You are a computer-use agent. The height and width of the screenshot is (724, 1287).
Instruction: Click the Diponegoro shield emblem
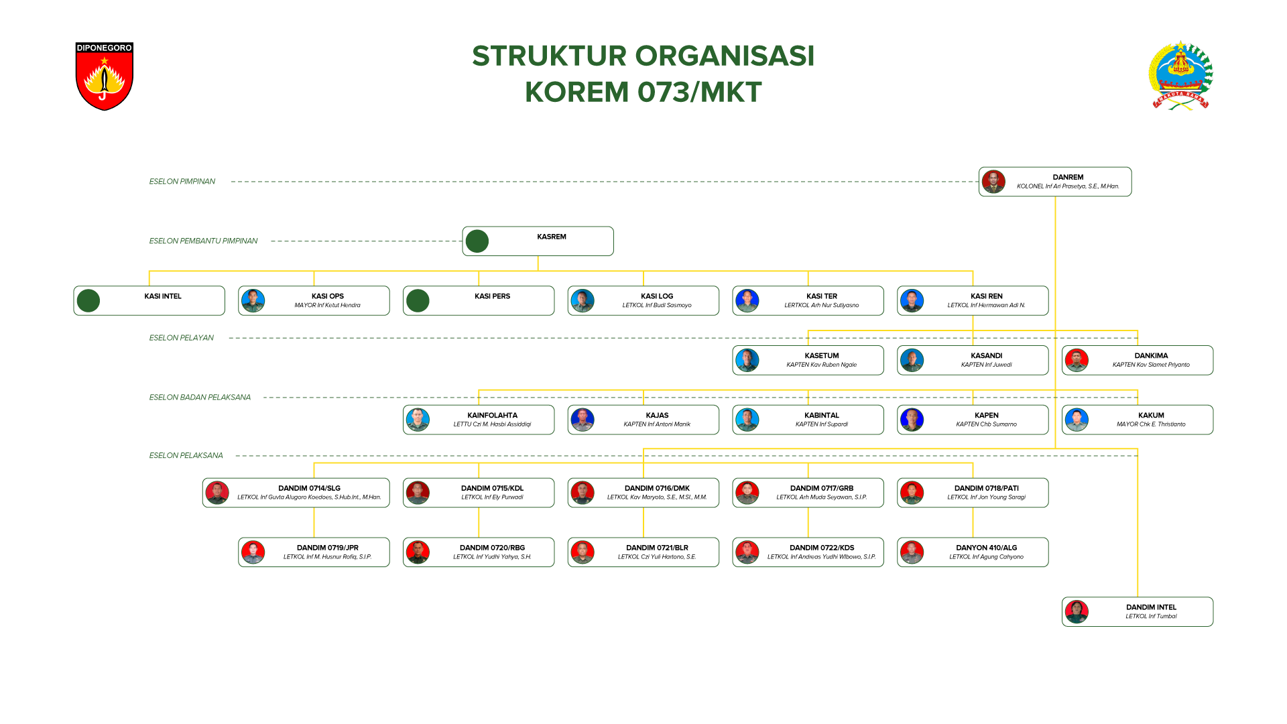click(105, 76)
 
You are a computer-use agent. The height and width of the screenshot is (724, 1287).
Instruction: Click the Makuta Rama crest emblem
click(1180, 75)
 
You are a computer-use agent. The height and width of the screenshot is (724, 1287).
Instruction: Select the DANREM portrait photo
click(993, 182)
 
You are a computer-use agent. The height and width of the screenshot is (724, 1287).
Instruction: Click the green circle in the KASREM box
click(477, 241)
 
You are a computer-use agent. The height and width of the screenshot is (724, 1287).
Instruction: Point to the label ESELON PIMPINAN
click(182, 182)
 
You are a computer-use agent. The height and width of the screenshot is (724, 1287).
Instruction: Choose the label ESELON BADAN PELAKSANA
click(200, 398)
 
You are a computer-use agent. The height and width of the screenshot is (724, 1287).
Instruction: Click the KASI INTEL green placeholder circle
click(88, 301)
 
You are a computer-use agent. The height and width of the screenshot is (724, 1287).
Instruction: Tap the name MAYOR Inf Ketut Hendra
click(327, 306)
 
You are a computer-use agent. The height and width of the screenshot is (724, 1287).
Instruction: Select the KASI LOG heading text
click(657, 296)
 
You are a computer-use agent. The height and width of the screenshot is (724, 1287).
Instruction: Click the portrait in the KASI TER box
click(747, 301)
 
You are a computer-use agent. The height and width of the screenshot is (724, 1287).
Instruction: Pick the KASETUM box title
click(822, 356)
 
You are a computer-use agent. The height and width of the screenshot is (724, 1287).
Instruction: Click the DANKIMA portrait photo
click(1077, 361)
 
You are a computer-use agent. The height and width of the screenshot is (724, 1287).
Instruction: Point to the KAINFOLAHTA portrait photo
click(418, 420)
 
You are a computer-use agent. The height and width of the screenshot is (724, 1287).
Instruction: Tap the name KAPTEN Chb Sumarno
click(986, 424)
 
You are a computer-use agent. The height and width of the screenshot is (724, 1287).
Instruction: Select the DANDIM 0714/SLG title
click(309, 489)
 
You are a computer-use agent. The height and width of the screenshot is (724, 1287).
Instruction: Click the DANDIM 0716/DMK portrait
click(583, 493)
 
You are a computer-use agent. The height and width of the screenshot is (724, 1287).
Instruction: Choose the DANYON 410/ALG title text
click(986, 548)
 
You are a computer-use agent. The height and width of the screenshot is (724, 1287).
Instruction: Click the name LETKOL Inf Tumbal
click(1151, 617)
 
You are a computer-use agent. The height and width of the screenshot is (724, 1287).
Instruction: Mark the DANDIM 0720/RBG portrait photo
click(418, 553)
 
